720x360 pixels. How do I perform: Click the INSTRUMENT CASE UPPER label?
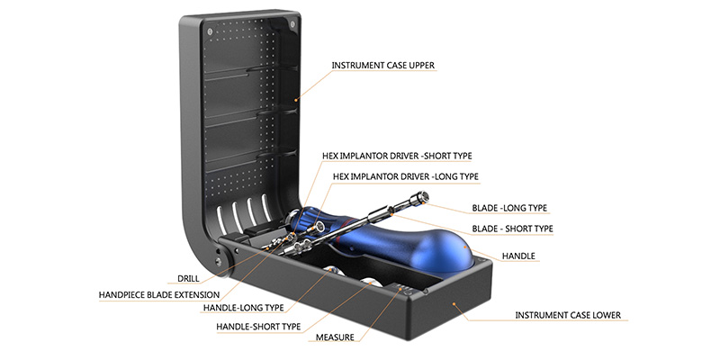click(383, 66)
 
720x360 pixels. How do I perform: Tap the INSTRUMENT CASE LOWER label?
click(568, 316)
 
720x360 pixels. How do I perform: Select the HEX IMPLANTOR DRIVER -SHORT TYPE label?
click(396, 156)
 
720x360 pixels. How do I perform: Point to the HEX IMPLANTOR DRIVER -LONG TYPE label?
click(406, 176)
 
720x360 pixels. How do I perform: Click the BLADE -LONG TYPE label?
click(509, 208)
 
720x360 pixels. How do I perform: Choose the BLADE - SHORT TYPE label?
click(512, 229)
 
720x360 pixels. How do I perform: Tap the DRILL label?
click(188, 279)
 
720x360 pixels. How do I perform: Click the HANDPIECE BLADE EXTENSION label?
click(159, 295)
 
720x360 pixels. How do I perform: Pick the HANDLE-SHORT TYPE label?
click(258, 327)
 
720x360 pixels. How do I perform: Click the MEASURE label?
click(335, 337)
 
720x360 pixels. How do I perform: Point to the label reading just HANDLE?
click(518, 256)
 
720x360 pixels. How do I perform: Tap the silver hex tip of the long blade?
click(422, 196)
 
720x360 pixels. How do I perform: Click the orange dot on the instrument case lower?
click(454, 303)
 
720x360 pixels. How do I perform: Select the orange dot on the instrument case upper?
click(296, 99)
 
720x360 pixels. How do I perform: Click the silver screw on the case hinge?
click(218, 261)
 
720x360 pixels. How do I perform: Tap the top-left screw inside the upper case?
click(210, 31)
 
